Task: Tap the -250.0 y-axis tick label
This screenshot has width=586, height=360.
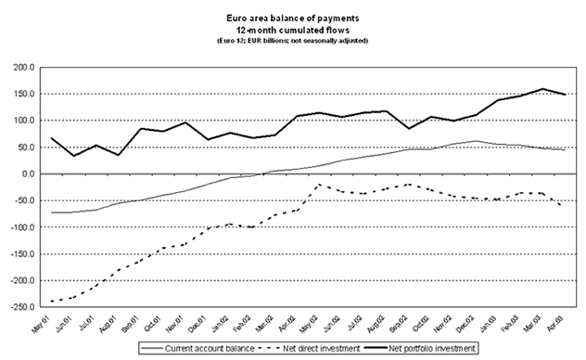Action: point(20,306)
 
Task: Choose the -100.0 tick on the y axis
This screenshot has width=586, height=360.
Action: point(20,226)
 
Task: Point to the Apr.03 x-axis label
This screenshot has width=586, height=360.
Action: point(556,324)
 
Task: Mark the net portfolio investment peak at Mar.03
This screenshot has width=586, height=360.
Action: point(542,90)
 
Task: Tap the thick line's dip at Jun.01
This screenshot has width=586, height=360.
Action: point(73,156)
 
